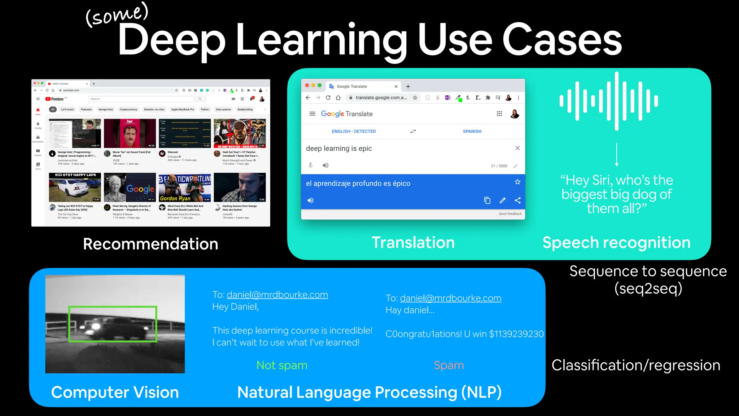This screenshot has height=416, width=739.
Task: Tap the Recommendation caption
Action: (150, 244)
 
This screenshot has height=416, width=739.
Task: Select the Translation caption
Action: (413, 243)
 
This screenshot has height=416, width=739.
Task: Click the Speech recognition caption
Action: (616, 243)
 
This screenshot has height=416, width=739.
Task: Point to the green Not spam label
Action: (282, 365)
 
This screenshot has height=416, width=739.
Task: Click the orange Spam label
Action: (449, 365)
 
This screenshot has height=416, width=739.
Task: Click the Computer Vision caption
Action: (115, 393)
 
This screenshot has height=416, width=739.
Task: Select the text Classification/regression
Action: (636, 365)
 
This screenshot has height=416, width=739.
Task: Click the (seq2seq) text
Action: (648, 289)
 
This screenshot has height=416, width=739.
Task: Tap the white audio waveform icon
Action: (609, 101)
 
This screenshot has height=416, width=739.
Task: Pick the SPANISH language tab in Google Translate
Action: (472, 131)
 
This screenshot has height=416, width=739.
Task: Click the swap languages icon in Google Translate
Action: (413, 131)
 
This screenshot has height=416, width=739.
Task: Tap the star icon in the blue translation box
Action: (517, 182)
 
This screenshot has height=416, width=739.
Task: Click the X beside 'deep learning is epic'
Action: (517, 148)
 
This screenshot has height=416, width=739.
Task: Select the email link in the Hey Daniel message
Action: (277, 295)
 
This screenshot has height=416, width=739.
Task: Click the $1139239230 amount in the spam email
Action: (516, 334)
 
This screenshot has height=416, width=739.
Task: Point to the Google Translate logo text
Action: (346, 114)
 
